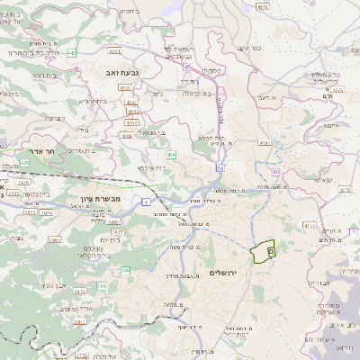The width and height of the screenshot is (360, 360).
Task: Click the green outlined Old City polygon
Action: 262,251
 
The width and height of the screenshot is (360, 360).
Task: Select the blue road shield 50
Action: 220,167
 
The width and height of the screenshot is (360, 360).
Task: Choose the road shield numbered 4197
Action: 265,142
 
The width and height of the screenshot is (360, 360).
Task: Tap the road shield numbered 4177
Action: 310,224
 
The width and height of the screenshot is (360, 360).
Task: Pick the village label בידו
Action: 80,128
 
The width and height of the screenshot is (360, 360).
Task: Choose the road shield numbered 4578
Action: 263,7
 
